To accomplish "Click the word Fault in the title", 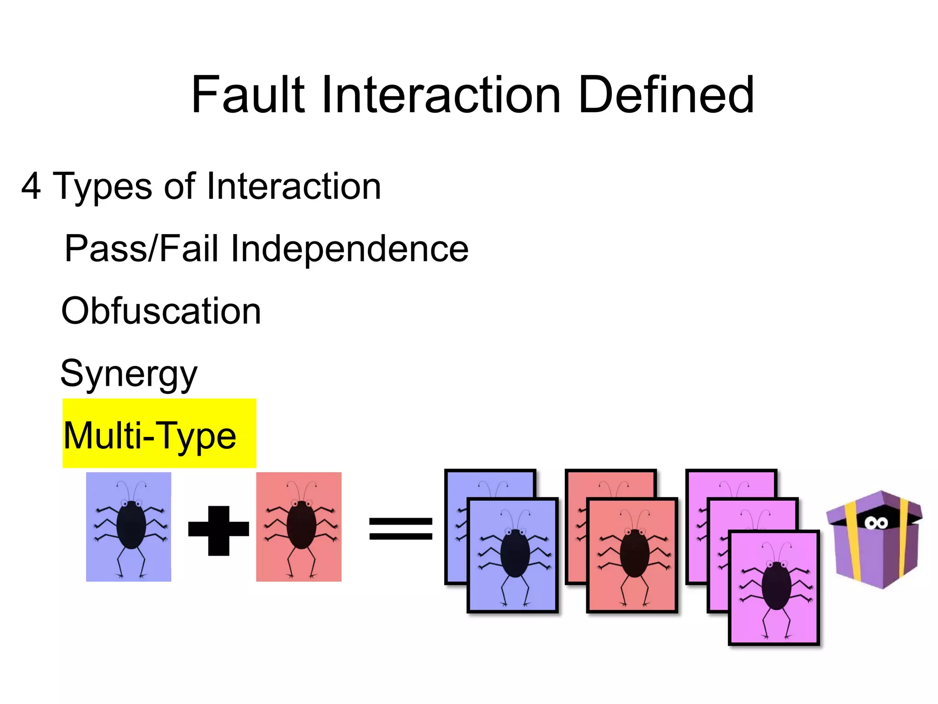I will (x=248, y=95).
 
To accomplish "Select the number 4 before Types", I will (x=31, y=186).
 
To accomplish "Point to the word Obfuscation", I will (x=161, y=311).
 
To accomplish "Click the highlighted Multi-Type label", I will (x=150, y=435).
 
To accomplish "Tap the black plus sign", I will (x=218, y=530).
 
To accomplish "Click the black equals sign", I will (x=401, y=528).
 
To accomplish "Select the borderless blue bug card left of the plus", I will (x=129, y=527).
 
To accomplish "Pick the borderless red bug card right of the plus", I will (x=299, y=527).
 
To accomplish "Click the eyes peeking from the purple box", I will (x=876, y=523).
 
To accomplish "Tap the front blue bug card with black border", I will (x=513, y=555).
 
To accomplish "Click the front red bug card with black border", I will (x=632, y=555).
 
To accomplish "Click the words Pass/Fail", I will (x=141, y=248).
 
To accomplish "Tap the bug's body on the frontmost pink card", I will (x=776, y=586).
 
